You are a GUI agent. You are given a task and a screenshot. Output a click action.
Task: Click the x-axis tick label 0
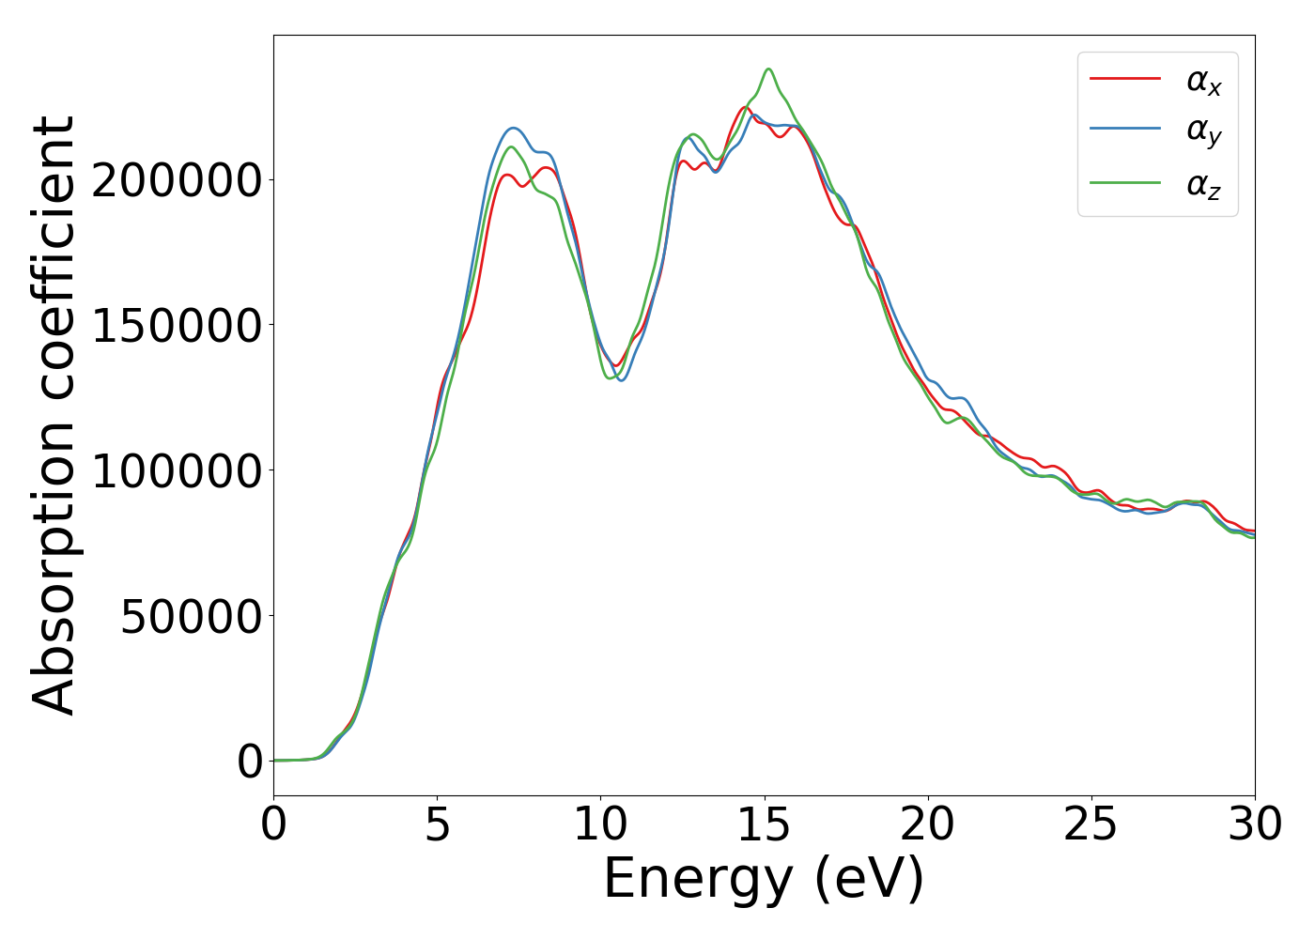(x=273, y=824)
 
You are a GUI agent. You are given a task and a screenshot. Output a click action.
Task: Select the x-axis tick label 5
(x=438, y=824)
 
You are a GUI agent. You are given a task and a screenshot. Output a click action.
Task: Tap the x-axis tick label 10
(x=601, y=824)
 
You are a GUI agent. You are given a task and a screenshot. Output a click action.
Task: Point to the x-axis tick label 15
(x=765, y=824)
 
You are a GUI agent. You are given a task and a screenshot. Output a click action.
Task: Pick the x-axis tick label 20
(x=928, y=824)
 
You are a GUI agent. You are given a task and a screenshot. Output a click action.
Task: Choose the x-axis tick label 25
(x=1091, y=824)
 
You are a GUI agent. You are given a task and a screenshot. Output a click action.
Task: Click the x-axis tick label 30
(x=1254, y=824)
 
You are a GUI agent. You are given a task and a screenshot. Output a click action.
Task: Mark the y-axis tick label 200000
(x=176, y=180)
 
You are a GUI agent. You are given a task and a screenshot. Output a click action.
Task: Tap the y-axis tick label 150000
(x=176, y=326)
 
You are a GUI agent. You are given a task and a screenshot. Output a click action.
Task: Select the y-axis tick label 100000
(x=176, y=470)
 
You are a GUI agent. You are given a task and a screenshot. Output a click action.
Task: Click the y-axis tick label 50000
(x=191, y=616)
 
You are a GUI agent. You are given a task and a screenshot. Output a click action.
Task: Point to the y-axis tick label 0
(x=250, y=762)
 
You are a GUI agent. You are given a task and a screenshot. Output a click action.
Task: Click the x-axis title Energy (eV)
(x=764, y=880)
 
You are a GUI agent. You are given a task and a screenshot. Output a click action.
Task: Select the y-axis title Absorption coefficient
(x=54, y=415)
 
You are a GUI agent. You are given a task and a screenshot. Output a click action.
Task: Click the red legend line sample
(x=1125, y=79)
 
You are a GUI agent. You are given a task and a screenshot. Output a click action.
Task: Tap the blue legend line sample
(x=1125, y=131)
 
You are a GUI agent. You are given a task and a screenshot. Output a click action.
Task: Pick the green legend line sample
(x=1125, y=183)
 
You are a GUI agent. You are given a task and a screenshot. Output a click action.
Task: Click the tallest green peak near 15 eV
(x=768, y=69)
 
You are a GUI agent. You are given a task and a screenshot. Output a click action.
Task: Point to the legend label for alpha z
(x=1203, y=185)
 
